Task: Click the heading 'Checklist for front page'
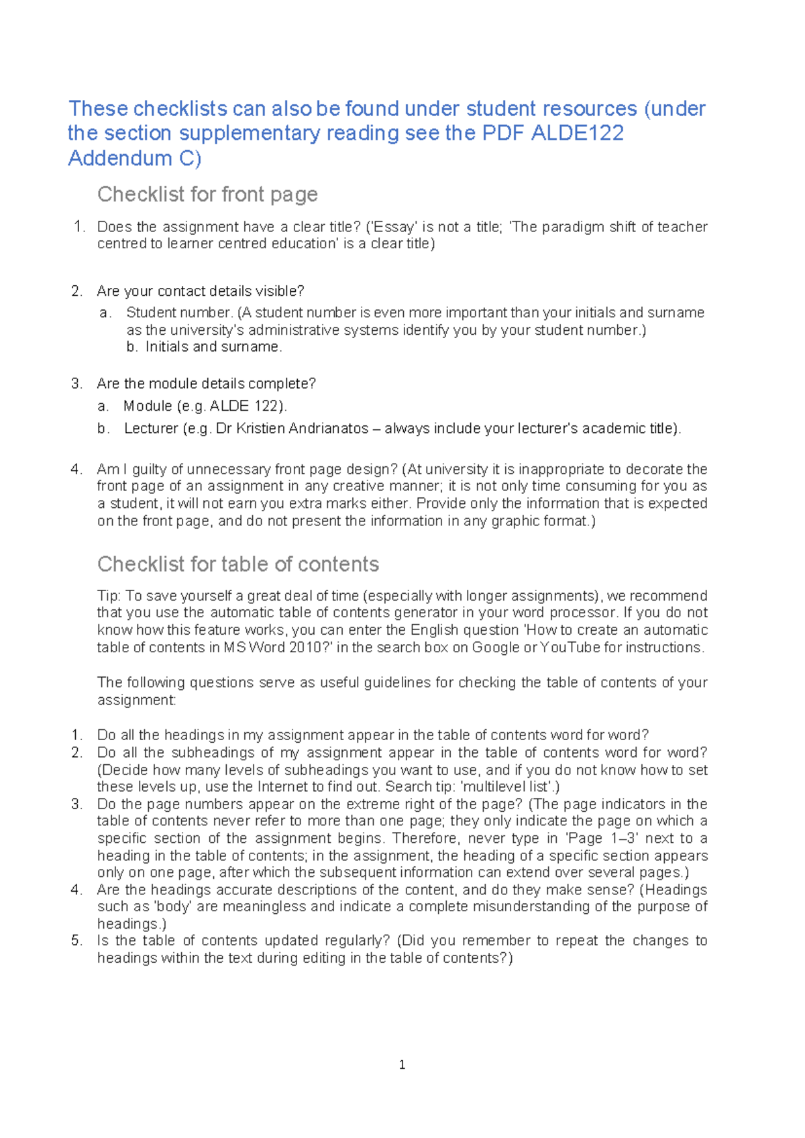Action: click(x=207, y=195)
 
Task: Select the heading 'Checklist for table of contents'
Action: click(x=238, y=564)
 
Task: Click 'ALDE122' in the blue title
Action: click(x=577, y=133)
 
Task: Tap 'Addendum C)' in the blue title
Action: click(x=134, y=158)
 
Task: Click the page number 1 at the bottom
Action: click(x=402, y=1065)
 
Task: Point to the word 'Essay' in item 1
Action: click(x=394, y=227)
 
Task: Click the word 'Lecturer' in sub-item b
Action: click(x=151, y=429)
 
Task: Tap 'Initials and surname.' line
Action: click(x=214, y=347)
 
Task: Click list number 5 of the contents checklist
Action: click(x=76, y=941)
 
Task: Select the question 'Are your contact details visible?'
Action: click(x=200, y=291)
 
